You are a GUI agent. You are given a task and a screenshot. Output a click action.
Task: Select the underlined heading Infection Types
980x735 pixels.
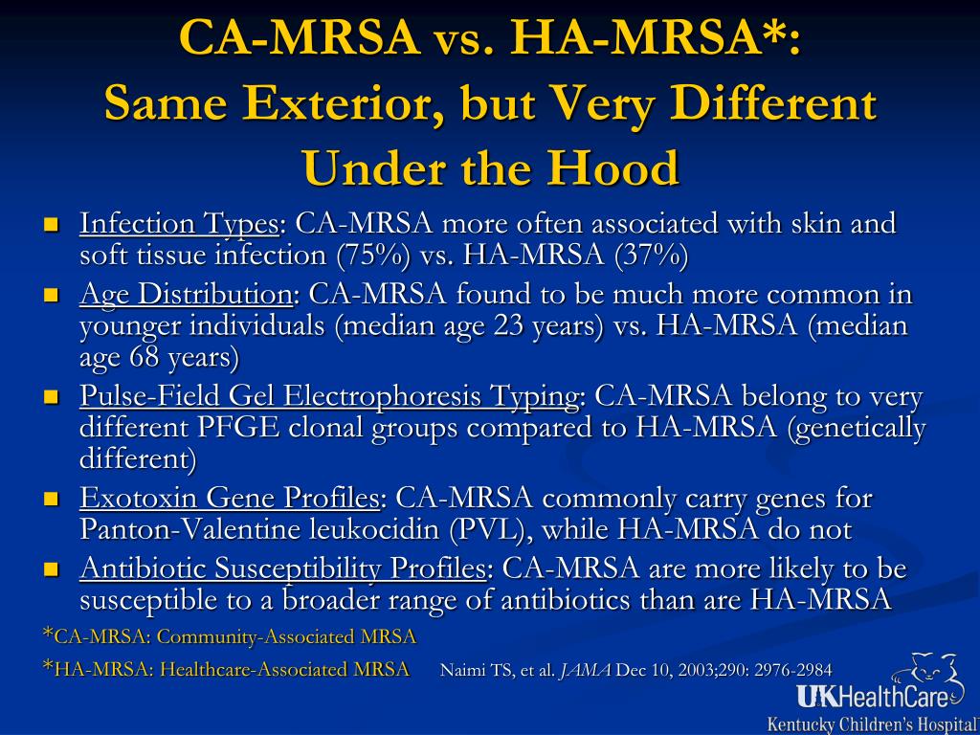pos(179,224)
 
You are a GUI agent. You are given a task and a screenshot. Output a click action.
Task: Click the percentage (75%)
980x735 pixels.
pos(373,256)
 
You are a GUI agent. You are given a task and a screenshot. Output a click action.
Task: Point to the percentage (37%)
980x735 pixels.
pos(651,256)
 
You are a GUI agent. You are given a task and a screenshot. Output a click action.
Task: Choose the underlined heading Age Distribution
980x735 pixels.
pos(186,295)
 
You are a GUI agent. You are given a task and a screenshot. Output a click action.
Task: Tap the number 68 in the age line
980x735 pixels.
pos(145,358)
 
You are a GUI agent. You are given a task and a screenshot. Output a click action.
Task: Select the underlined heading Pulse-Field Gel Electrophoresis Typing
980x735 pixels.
pos(329,397)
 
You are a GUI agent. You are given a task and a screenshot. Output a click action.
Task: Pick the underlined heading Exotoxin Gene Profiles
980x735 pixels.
pos(230,499)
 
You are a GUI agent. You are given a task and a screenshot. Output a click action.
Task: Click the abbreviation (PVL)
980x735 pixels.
pos(486,530)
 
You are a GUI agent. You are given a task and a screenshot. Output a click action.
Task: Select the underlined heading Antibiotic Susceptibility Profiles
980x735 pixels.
pos(282,569)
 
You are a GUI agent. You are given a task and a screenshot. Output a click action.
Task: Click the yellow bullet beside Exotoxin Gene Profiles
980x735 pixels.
pos(51,499)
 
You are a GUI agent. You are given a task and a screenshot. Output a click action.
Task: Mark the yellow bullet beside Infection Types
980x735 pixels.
pos(51,224)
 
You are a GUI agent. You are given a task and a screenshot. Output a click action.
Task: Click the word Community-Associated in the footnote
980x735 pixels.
pos(255,637)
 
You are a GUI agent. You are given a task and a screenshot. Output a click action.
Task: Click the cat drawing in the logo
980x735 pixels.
pos(924,674)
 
